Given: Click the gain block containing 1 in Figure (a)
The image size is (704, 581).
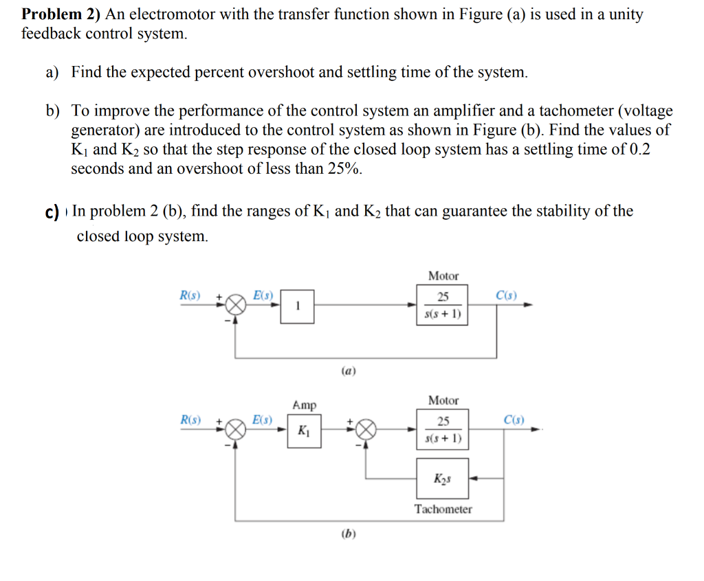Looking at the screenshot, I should (x=296, y=307).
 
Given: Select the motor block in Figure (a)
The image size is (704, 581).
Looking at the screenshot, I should (x=443, y=306).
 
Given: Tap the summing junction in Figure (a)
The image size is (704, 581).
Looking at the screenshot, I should (x=236, y=305).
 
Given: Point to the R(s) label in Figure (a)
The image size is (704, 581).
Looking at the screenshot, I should (x=190, y=296).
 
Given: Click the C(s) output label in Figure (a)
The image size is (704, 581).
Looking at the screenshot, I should (x=506, y=296).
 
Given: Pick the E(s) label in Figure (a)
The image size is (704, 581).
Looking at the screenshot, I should (x=262, y=296).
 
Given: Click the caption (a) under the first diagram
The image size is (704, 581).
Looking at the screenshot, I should (x=349, y=371).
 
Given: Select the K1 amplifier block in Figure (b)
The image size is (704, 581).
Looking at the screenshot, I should (x=303, y=431).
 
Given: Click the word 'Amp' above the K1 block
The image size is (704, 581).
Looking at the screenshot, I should (x=304, y=405).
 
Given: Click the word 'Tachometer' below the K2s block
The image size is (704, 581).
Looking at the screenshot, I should (x=443, y=509).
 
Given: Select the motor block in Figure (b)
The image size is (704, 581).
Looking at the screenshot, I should (x=443, y=430).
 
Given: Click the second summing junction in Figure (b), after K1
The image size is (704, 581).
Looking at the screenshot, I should (x=366, y=430).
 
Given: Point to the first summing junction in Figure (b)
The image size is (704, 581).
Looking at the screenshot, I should (x=236, y=430).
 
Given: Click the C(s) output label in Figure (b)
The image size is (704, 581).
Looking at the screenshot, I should (x=514, y=420).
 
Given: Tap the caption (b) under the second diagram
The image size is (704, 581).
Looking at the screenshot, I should (x=349, y=533).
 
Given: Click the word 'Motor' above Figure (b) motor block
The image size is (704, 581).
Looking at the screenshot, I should (x=443, y=400).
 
